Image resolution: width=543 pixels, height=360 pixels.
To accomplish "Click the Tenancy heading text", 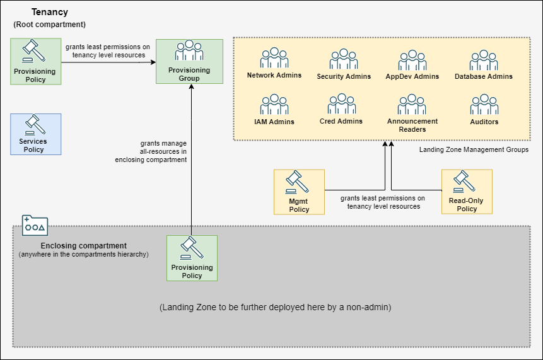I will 50,12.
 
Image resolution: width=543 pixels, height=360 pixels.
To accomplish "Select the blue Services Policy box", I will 35,134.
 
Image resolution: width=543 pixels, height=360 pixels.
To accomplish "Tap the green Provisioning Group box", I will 189,61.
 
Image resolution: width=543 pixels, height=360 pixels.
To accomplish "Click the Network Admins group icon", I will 274,59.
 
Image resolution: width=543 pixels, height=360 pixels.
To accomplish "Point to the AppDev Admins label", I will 412,76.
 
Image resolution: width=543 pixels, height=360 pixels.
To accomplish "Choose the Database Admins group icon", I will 484,60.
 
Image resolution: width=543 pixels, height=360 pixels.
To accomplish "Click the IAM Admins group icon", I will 274,105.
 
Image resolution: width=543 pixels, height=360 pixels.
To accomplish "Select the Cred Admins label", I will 341,121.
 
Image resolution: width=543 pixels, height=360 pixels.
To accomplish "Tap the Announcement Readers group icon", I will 412,104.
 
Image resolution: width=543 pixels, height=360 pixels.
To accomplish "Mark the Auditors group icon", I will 484,105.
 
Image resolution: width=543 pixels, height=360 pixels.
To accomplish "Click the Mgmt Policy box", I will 299,191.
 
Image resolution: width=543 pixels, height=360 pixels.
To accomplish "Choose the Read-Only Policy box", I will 467,191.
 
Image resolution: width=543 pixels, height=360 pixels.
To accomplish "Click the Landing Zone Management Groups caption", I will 474,149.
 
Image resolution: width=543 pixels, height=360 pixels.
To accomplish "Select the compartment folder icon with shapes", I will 35,225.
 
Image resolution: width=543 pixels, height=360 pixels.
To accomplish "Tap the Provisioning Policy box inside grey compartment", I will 192,257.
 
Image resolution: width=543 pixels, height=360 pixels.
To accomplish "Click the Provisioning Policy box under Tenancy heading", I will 35,61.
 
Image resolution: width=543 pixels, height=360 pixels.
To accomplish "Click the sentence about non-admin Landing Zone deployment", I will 276,308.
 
